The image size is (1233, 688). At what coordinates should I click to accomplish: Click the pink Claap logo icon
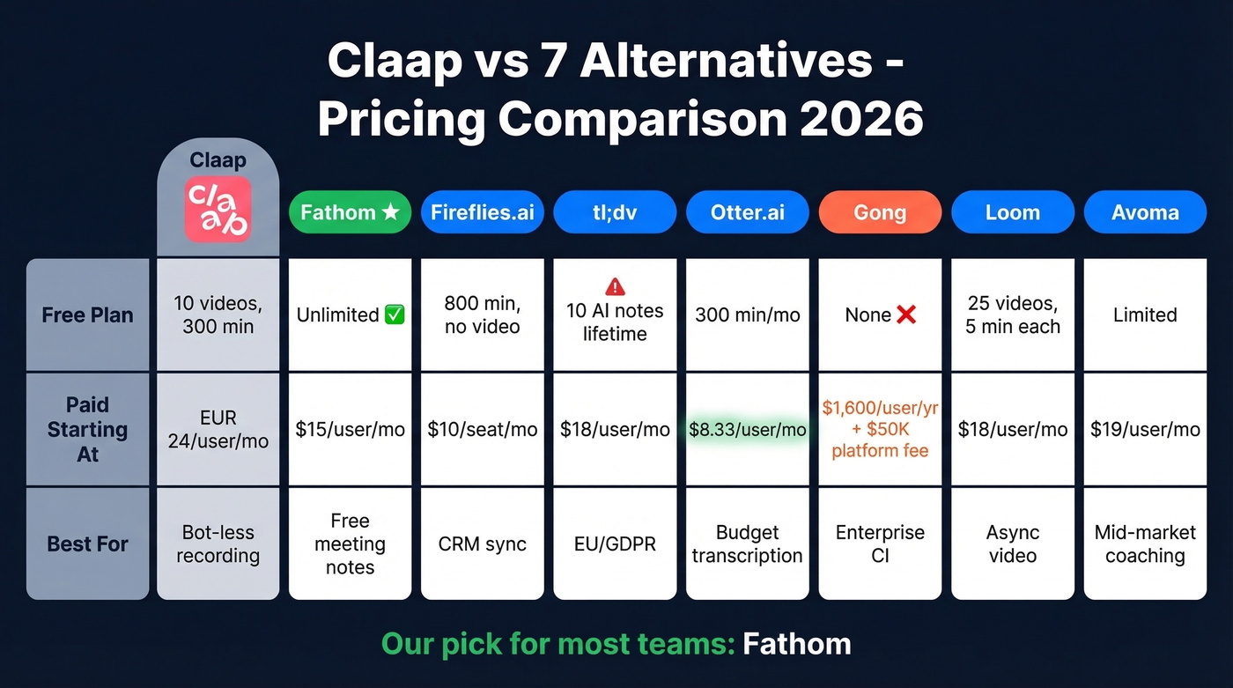pyautogui.click(x=218, y=210)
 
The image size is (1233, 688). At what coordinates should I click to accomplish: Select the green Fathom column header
pyautogui.click(x=350, y=212)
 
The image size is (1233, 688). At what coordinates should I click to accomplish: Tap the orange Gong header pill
pyautogui.click(x=880, y=212)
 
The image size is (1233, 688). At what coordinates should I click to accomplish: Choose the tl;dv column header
pyautogui.click(x=615, y=212)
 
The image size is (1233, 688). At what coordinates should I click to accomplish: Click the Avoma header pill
pyautogui.click(x=1145, y=212)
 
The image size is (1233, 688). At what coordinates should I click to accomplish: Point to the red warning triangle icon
pyautogui.click(x=616, y=286)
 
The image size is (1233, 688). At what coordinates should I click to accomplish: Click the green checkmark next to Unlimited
pyautogui.click(x=395, y=314)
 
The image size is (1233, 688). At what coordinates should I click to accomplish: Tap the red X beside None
pyautogui.click(x=905, y=314)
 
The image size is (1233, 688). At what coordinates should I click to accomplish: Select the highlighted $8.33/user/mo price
pyautogui.click(x=747, y=430)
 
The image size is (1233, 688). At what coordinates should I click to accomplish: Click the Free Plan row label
pyautogui.click(x=87, y=314)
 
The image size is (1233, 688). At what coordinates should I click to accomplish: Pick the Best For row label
pyautogui.click(x=87, y=544)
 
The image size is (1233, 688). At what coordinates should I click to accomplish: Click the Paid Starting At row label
pyautogui.click(x=87, y=430)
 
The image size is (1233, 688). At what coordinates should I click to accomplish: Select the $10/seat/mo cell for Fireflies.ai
pyautogui.click(x=483, y=430)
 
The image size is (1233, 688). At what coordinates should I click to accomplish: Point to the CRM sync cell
pyautogui.click(x=483, y=544)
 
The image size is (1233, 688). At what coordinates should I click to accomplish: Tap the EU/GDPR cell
pyautogui.click(x=615, y=544)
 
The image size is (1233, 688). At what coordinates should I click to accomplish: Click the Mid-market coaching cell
pyautogui.click(x=1145, y=544)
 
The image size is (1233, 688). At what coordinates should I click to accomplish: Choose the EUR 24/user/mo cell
pyautogui.click(x=218, y=429)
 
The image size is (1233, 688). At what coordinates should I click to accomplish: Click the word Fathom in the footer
pyautogui.click(x=796, y=644)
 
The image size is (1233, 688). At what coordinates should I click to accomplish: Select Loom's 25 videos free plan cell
pyautogui.click(x=1013, y=314)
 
